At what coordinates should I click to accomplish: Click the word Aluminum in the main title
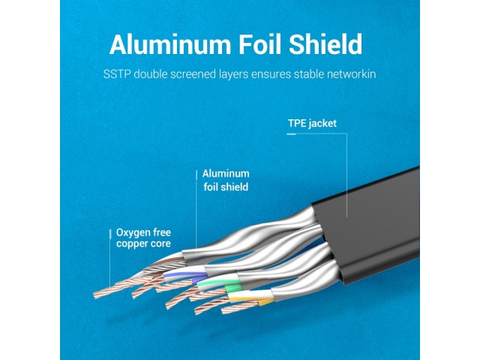[170, 44]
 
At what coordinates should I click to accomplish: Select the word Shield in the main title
[325, 44]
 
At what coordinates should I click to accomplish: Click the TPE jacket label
[312, 123]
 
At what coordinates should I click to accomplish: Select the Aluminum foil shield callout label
[226, 180]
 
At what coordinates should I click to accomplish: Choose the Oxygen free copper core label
[143, 238]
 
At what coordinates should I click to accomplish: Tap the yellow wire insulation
[251, 298]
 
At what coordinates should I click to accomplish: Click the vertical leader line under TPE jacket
[346, 175]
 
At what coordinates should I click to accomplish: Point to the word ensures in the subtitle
[271, 74]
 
